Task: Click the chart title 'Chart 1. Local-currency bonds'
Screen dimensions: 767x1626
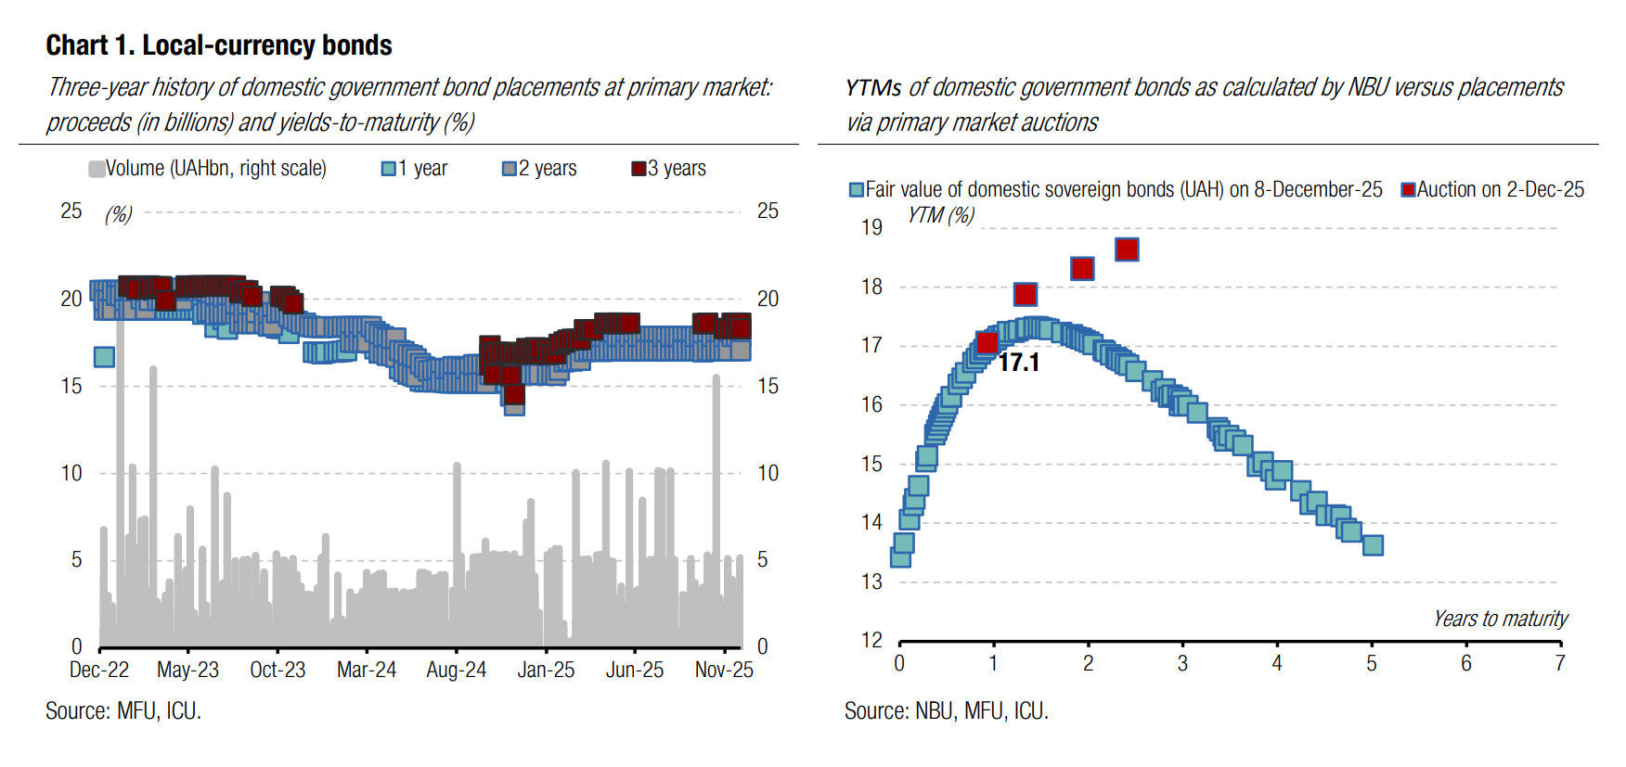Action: [219, 45]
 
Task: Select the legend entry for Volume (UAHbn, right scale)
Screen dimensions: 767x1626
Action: [207, 169]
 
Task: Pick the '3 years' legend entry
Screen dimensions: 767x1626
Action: [668, 169]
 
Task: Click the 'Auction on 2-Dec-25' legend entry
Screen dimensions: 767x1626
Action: [1492, 190]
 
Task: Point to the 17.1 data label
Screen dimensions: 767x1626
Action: [1019, 363]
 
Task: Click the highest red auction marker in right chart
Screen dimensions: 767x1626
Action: [1127, 249]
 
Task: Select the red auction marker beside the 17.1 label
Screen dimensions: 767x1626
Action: [987, 343]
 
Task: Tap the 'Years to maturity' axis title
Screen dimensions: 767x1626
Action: [1500, 619]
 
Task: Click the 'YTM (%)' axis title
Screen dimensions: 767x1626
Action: [940, 215]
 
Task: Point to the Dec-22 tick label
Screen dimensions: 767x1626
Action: [99, 670]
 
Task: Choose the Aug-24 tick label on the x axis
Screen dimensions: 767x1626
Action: [456, 670]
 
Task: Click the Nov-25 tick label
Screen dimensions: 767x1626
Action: [724, 670]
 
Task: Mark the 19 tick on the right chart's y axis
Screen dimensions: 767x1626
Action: [871, 227]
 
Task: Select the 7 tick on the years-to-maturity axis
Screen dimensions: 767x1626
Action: [1560, 663]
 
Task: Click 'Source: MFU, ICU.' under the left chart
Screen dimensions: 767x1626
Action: [123, 711]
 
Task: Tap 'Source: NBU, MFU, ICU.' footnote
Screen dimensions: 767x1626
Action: [946, 711]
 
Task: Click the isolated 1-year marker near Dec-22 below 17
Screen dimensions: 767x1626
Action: [104, 357]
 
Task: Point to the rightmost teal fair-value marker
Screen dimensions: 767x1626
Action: [1373, 545]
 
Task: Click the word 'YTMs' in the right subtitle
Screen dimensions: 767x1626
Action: [872, 88]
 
